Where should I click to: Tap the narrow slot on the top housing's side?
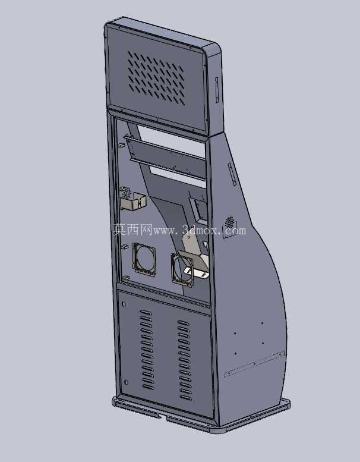pyautogui.click(x=217, y=90)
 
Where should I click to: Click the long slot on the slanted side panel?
pyautogui.click(x=232, y=174)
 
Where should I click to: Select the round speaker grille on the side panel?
pyautogui.click(x=229, y=222)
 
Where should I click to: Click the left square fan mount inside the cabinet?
pyautogui.click(x=144, y=259)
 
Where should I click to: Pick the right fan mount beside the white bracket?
pyautogui.click(x=182, y=269)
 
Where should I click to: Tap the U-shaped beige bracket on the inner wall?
pyautogui.click(x=133, y=201)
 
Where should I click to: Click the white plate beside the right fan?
pyautogui.click(x=196, y=272)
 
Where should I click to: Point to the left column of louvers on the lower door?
pyautogui.click(x=147, y=350)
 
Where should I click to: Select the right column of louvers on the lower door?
pyautogui.click(x=184, y=360)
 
